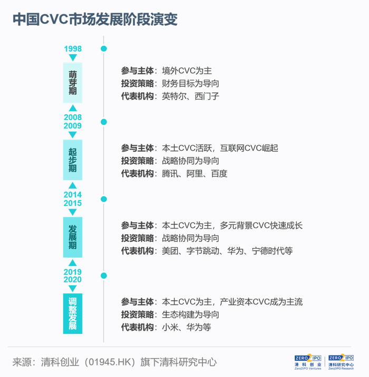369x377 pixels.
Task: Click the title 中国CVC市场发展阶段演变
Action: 95,19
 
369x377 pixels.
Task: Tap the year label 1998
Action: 73,48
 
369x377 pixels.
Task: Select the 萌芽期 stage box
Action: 73,83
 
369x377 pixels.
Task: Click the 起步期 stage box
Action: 73,160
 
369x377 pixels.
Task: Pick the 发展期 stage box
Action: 73,237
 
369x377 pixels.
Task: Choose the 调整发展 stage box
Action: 73,314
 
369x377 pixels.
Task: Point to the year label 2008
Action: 73,117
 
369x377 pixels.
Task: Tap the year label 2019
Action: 73,272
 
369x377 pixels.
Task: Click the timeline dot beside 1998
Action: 104,49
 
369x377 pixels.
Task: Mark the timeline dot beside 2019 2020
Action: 104,276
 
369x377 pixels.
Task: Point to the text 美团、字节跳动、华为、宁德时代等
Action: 227,251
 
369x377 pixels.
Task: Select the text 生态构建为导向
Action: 190,315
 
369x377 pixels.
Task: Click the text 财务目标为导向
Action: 190,83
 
